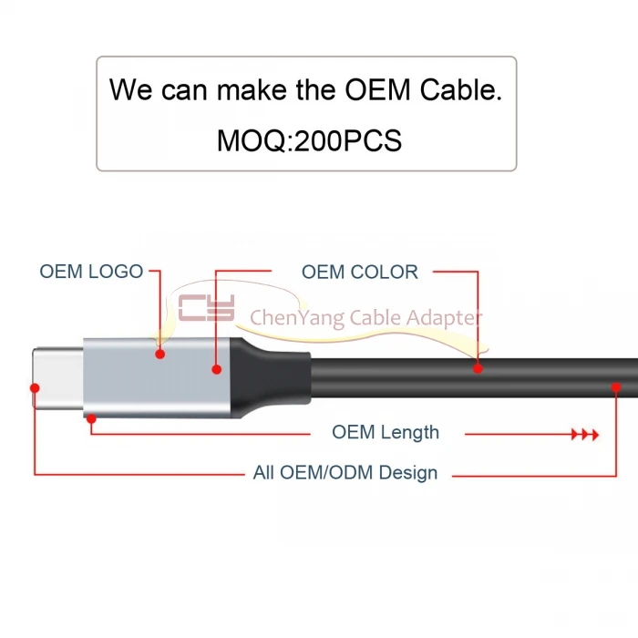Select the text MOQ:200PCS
pyautogui.click(x=309, y=140)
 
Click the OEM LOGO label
pyautogui.click(x=91, y=272)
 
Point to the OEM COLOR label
pyautogui.click(x=360, y=272)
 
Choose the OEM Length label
pyautogui.click(x=385, y=432)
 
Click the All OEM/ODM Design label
pyautogui.click(x=345, y=473)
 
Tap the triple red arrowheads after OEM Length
pyautogui.click(x=584, y=435)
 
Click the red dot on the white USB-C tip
pyautogui.click(x=36, y=386)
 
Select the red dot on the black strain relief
pyautogui.click(x=217, y=369)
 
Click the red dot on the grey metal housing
pyautogui.click(x=159, y=354)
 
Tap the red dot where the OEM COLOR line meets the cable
pyautogui.click(x=478, y=368)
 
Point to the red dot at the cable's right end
pyautogui.click(x=617, y=389)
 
